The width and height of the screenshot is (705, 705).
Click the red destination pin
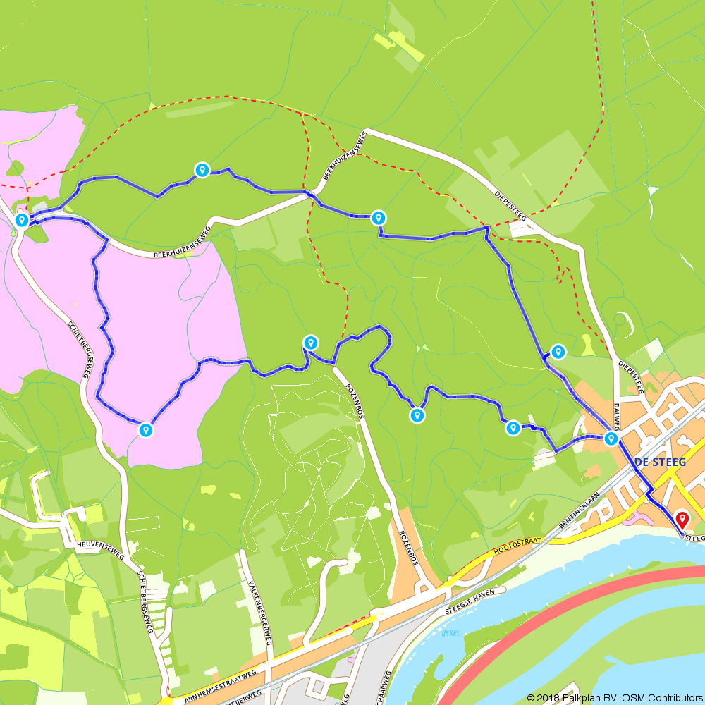(x=682, y=520)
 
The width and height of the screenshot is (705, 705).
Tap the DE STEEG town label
(x=661, y=462)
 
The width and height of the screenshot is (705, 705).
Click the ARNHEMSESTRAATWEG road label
(x=219, y=682)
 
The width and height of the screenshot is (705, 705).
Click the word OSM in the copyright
(x=630, y=698)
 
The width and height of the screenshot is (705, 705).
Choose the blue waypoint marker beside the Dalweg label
(x=611, y=439)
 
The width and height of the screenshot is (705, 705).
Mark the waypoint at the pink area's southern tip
(x=145, y=430)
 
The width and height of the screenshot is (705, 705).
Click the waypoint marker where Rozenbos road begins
(x=309, y=343)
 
